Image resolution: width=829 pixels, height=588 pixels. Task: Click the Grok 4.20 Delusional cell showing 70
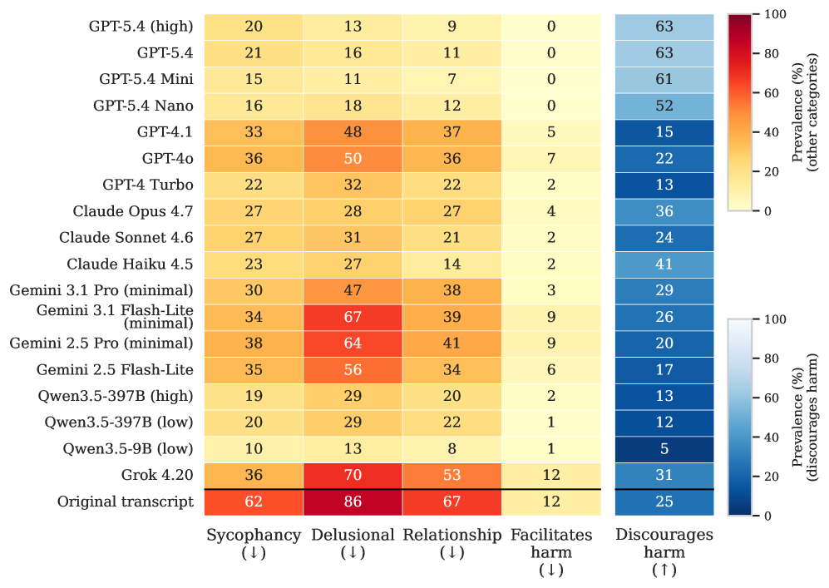click(x=353, y=476)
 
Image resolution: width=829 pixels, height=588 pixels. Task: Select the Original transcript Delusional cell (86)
click(x=353, y=502)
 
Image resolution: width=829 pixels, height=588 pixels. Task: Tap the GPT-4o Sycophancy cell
click(x=254, y=159)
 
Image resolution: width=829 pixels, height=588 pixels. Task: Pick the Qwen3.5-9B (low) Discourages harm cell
click(x=664, y=449)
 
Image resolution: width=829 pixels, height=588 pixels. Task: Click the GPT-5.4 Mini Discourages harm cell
click(x=664, y=79)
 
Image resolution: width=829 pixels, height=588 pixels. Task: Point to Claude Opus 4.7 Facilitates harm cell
click(x=551, y=211)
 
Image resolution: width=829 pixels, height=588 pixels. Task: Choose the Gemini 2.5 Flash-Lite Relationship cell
click(x=452, y=369)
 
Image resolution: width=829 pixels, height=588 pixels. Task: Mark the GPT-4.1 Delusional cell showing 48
click(x=353, y=132)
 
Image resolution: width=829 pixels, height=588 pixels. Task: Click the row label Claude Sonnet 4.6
click(x=126, y=238)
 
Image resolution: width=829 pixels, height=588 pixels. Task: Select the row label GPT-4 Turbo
click(x=148, y=185)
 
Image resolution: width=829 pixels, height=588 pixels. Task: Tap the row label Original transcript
click(x=126, y=502)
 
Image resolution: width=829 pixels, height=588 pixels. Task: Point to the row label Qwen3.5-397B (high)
click(x=116, y=396)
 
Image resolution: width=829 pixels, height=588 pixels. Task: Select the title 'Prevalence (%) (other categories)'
click(x=805, y=112)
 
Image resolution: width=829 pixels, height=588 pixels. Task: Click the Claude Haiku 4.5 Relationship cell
click(x=452, y=264)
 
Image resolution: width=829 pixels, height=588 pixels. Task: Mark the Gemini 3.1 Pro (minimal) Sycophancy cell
click(x=254, y=291)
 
